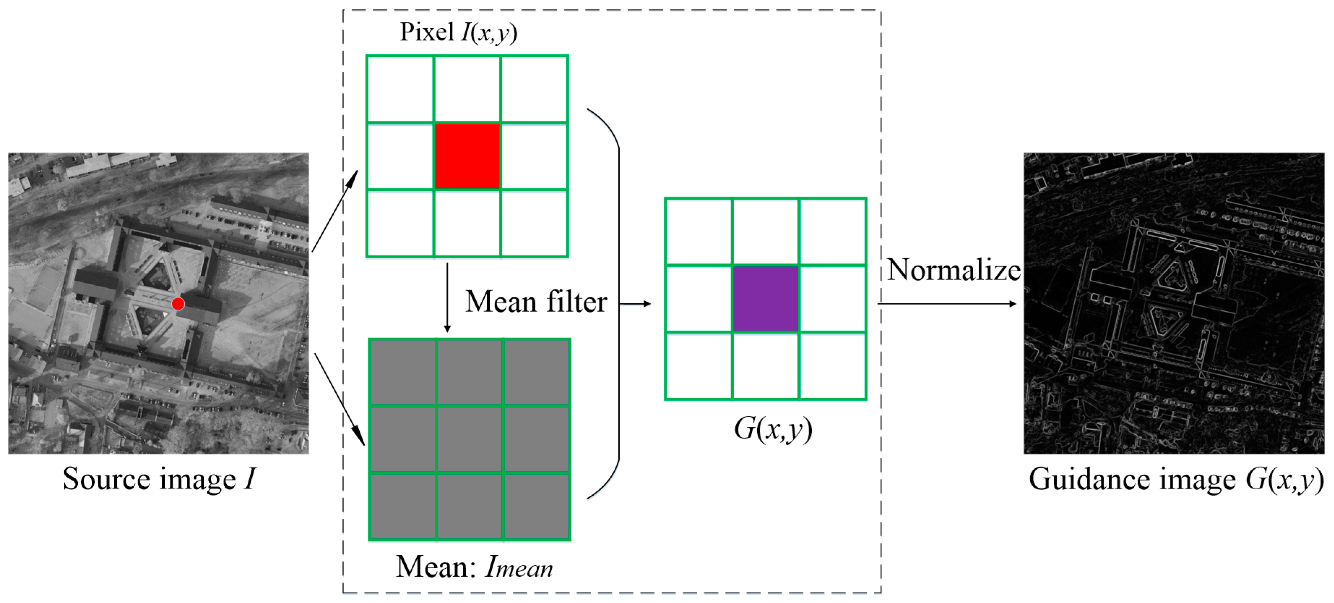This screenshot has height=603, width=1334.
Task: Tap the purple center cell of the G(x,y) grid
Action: click(x=765, y=298)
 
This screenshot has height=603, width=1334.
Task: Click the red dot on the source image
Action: click(x=178, y=303)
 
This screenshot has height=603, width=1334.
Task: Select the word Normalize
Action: click(x=953, y=270)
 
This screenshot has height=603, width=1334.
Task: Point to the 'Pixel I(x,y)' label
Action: click(x=458, y=32)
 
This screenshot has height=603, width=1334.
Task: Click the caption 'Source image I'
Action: click(x=159, y=479)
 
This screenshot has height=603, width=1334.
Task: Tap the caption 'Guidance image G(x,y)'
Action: click(x=1175, y=479)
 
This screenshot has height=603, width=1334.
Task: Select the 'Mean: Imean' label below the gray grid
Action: click(x=474, y=567)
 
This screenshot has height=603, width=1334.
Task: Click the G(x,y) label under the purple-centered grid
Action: click(x=773, y=429)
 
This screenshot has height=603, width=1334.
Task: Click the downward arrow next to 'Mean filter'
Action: click(x=447, y=298)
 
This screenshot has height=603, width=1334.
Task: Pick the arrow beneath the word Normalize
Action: click(x=948, y=303)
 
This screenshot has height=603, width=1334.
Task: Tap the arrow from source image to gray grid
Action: click(x=340, y=399)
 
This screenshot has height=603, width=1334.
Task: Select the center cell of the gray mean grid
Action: click(x=469, y=440)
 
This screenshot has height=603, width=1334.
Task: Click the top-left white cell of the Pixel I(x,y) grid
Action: click(x=400, y=89)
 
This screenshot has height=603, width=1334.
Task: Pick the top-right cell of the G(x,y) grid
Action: click(x=832, y=232)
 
